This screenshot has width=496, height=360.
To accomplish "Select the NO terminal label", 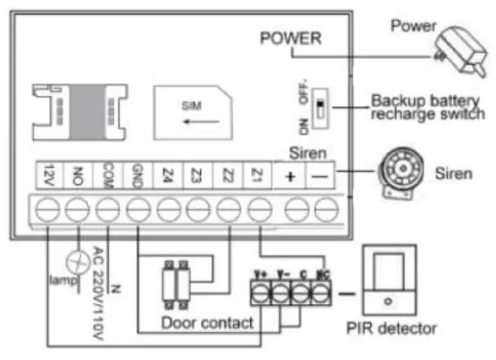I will pyautogui.click(x=80, y=174).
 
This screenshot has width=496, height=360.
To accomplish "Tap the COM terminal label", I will pyautogui.click(x=109, y=174).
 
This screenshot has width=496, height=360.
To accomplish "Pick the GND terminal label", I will pyautogui.click(x=138, y=174).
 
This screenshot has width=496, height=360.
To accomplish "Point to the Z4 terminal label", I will pyautogui.click(x=167, y=174).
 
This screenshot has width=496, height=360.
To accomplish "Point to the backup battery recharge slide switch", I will pyautogui.click(x=322, y=107).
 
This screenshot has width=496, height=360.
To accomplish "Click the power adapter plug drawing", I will pyautogui.click(x=460, y=51).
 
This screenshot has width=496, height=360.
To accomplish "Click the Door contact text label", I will pyautogui.click(x=207, y=322).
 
